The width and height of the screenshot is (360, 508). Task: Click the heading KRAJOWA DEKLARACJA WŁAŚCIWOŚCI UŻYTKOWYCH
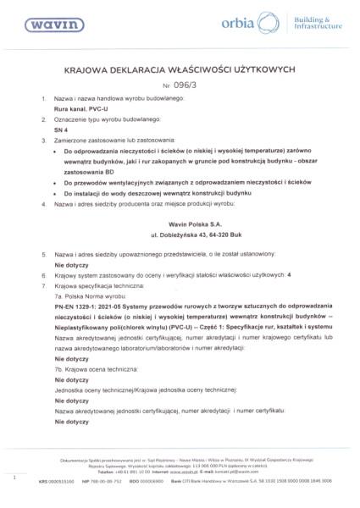click(179, 72)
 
